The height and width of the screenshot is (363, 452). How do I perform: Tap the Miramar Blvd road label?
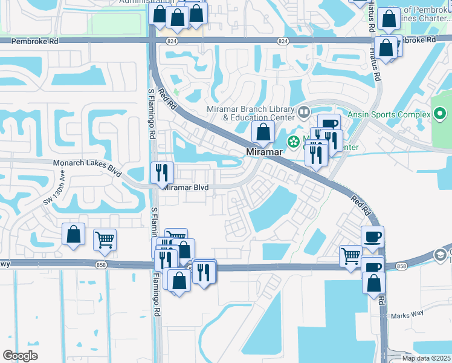[186, 188]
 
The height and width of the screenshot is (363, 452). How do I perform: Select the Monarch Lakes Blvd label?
[83, 163]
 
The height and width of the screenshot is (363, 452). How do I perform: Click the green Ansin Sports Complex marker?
[440, 114]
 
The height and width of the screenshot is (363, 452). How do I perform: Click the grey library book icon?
[303, 112]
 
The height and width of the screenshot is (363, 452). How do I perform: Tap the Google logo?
[20, 355]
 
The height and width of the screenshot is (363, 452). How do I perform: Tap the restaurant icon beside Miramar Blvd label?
[162, 173]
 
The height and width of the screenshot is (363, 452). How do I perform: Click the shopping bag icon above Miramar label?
[263, 131]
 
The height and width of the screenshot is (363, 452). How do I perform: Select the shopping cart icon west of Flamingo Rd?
[105, 240]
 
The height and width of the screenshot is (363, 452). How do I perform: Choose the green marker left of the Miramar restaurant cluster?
[294, 143]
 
